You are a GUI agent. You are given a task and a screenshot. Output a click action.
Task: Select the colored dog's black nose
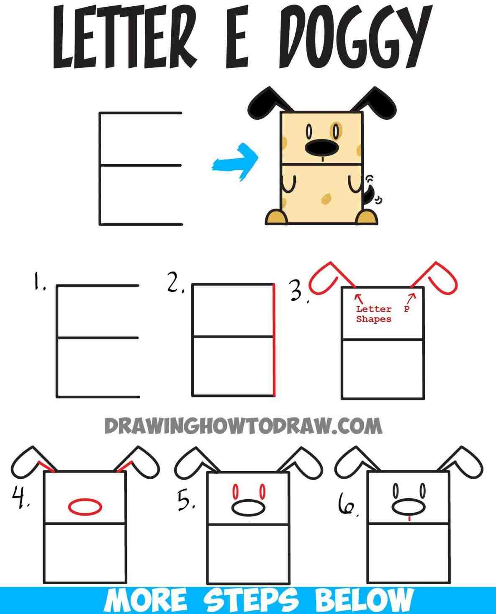(x=321, y=147)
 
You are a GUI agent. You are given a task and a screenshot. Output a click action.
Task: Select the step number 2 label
(x=175, y=284)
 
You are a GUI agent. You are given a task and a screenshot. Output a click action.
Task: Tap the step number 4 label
(x=19, y=498)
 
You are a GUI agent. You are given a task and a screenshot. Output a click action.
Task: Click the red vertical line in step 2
(x=274, y=340)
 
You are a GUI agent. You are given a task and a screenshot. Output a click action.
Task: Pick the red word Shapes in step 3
(x=373, y=319)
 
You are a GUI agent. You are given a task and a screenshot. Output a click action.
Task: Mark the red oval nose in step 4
(x=85, y=506)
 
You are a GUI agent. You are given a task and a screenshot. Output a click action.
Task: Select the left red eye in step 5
(x=235, y=490)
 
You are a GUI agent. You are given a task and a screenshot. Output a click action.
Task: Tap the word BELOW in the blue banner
(x=363, y=600)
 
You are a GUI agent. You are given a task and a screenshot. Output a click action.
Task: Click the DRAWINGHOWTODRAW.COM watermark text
(x=243, y=427)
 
